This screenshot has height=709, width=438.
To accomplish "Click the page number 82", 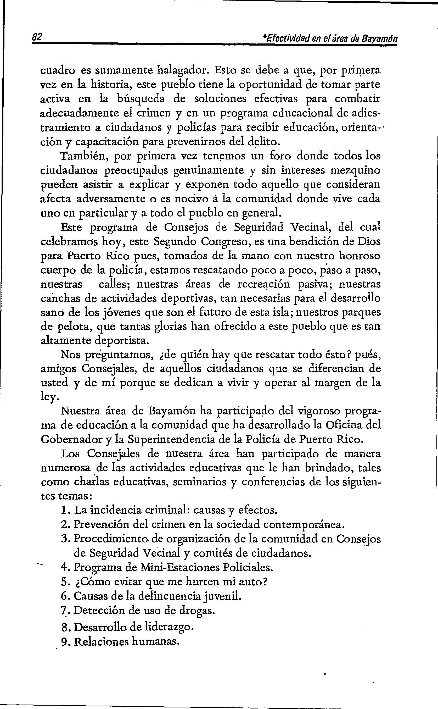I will pos(37,37).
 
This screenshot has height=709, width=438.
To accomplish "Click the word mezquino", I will pos(355,170).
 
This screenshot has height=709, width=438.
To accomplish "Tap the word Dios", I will pos(368,241).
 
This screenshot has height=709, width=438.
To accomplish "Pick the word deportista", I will pos(122,340).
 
